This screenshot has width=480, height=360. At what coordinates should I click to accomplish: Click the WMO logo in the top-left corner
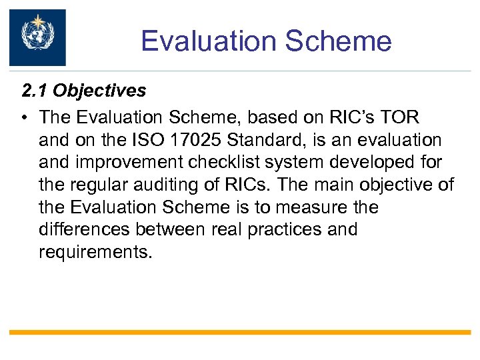point(37,37)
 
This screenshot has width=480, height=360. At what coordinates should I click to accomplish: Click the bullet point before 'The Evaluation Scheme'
point(24,117)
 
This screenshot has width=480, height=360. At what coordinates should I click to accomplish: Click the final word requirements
point(95,253)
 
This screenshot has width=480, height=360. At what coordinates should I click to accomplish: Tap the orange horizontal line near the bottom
point(240,331)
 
